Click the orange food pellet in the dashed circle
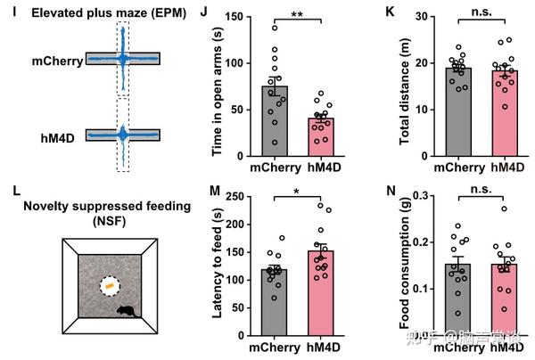[x=109, y=286]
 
